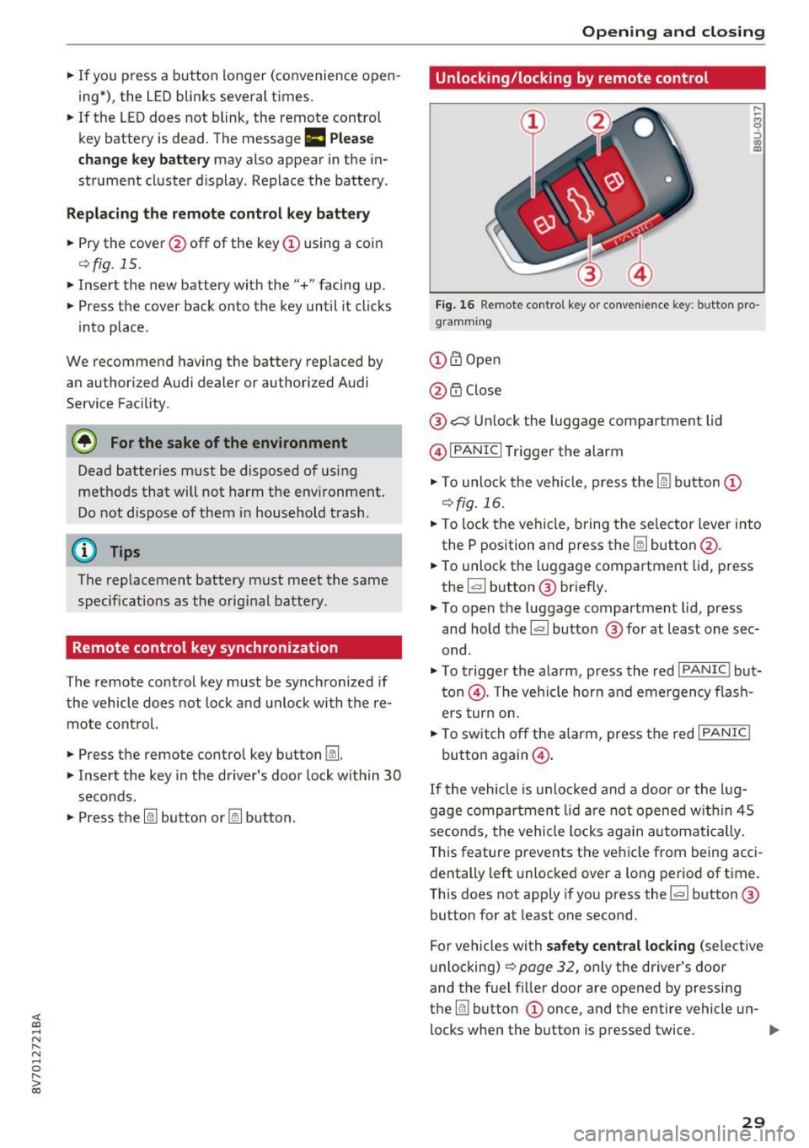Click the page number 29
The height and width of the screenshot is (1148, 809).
tap(753, 1121)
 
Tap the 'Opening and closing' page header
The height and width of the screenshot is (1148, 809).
tap(672, 32)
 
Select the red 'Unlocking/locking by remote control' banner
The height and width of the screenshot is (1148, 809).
tap(597, 78)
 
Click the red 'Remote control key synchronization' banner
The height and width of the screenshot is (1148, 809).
tap(233, 648)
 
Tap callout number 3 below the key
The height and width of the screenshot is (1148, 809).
tap(589, 273)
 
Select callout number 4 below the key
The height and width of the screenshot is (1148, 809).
tap(640, 273)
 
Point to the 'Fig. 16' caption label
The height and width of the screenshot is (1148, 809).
tap(455, 305)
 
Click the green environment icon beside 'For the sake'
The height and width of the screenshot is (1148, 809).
tap(85, 442)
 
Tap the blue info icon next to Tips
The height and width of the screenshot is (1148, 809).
tap(84, 551)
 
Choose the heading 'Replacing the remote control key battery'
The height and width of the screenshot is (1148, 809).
tap(217, 213)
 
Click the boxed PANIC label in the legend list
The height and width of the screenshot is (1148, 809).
tap(475, 450)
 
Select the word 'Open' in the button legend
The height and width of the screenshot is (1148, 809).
tap(483, 359)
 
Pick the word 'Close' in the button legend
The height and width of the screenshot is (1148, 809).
tap(483, 390)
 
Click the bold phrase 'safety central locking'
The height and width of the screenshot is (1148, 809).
tap(620, 946)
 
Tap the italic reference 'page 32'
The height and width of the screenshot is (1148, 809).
tap(547, 967)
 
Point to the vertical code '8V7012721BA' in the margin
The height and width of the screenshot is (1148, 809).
tap(35, 1054)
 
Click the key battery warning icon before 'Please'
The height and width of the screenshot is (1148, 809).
tap(314, 138)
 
